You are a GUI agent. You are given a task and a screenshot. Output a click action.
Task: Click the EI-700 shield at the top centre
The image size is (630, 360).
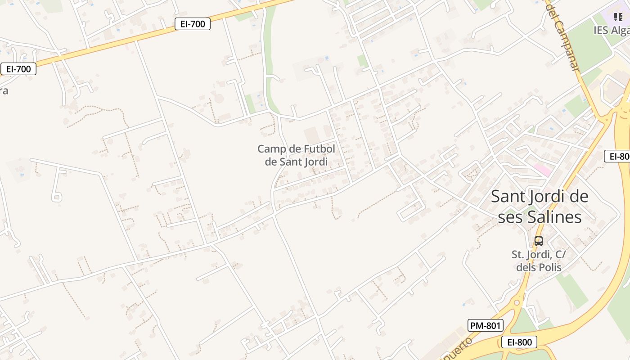coord(193,24)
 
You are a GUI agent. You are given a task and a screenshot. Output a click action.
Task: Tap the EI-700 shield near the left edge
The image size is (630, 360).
coord(18,69)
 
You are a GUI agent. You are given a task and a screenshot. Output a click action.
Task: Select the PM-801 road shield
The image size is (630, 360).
coord(486,325)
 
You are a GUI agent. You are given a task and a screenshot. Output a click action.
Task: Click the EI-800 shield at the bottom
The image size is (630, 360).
coord(519,342)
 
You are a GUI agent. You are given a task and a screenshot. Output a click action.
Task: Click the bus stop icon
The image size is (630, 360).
coord(539,241)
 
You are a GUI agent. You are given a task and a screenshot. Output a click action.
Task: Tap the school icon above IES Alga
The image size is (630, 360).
coord(618,17)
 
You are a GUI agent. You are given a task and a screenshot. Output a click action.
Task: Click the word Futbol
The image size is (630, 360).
coord(317,148)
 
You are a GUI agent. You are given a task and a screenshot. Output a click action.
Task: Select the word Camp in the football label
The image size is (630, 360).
coord(271,148)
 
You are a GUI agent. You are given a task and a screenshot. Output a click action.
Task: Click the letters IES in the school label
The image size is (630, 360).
coord(601,30)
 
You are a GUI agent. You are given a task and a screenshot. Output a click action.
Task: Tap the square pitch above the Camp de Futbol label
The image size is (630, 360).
coord(311,135)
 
